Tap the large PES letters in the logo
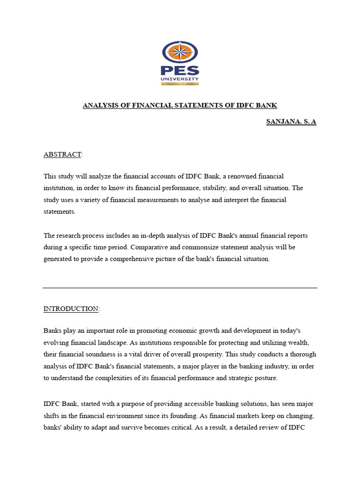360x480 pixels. (x=180, y=71)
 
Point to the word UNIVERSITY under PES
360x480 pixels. (x=180, y=79)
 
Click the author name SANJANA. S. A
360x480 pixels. (x=291, y=122)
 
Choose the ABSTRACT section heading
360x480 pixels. (x=62, y=154)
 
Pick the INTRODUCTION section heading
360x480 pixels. (x=71, y=308)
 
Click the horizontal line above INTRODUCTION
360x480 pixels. (x=180, y=288)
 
